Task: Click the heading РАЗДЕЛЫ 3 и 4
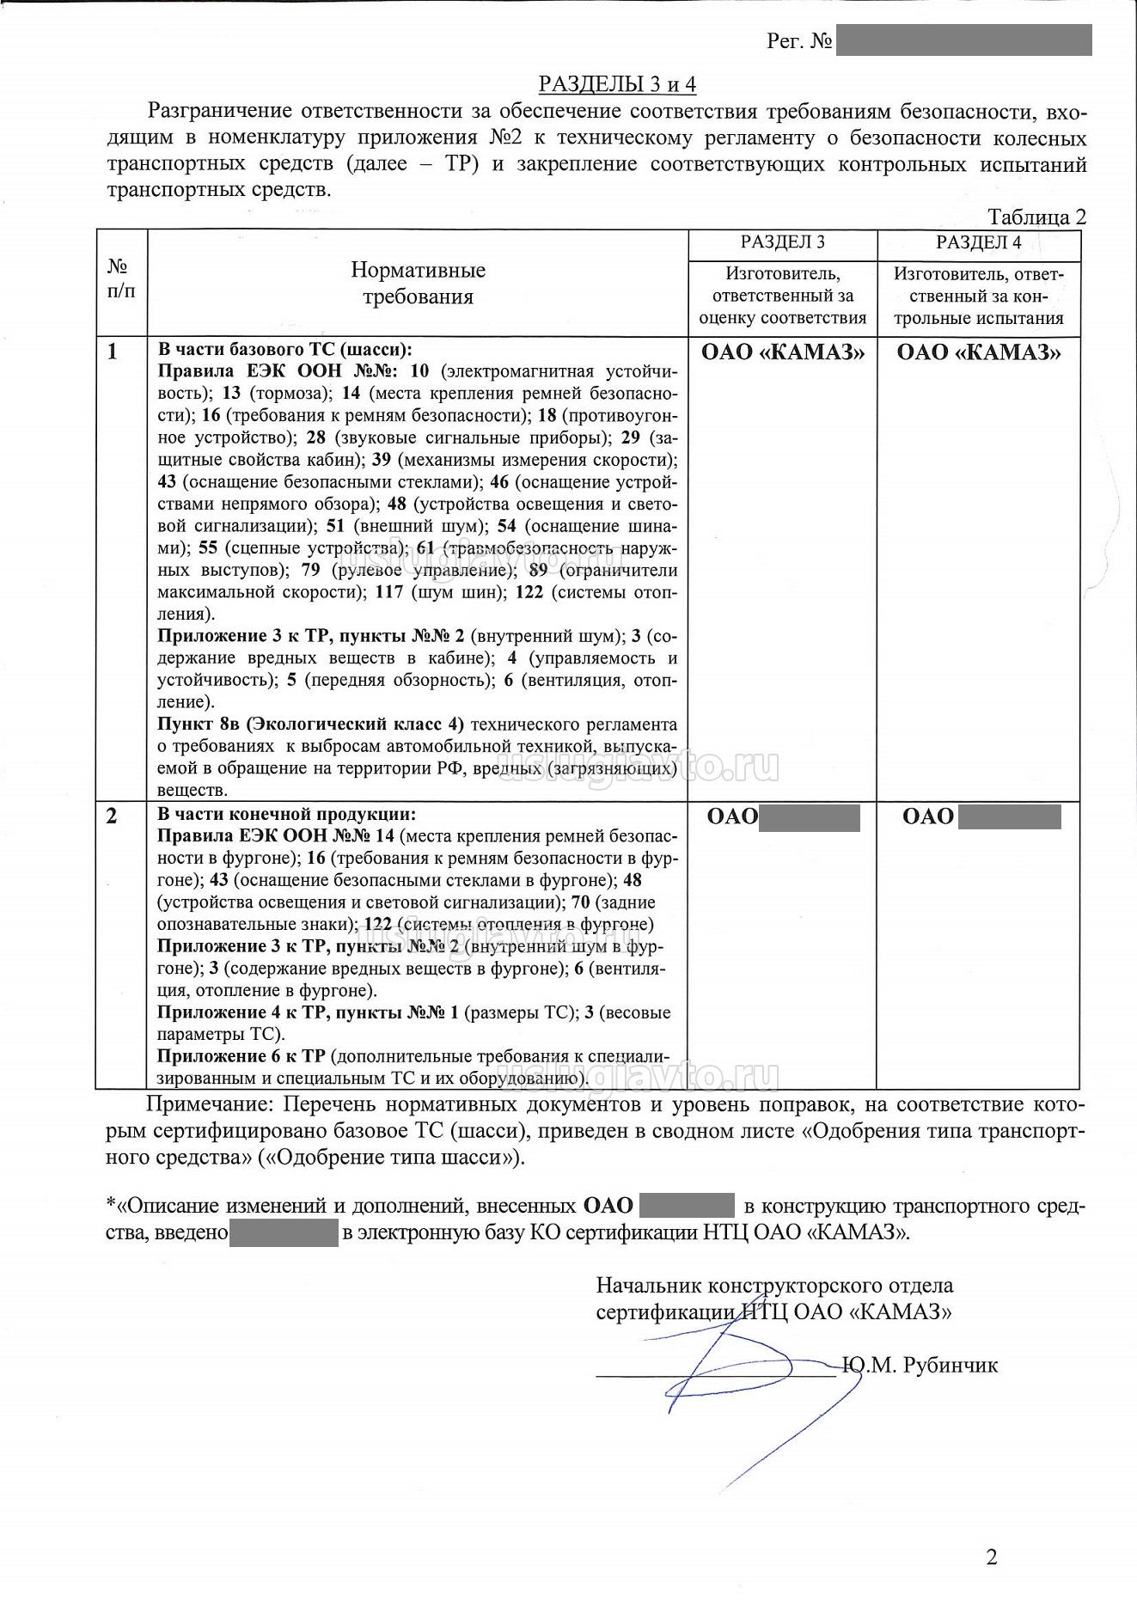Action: (x=616, y=84)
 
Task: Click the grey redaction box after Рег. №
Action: (x=963, y=40)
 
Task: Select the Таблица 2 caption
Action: (x=1036, y=217)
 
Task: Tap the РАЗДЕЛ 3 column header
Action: (x=782, y=242)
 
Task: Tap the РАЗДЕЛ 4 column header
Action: (x=978, y=242)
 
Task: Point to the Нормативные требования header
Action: (x=418, y=284)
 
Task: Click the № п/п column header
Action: (x=121, y=278)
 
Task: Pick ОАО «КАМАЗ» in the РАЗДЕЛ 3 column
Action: (x=782, y=352)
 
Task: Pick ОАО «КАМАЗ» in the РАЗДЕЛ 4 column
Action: (x=978, y=352)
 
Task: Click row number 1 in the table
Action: (x=113, y=352)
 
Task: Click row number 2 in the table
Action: (x=112, y=816)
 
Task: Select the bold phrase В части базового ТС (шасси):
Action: (x=284, y=350)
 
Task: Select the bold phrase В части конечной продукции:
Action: (x=286, y=814)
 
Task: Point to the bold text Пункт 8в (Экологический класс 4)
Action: (x=310, y=724)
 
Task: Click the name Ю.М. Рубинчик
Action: (x=920, y=1365)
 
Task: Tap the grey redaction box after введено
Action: (x=284, y=1232)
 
